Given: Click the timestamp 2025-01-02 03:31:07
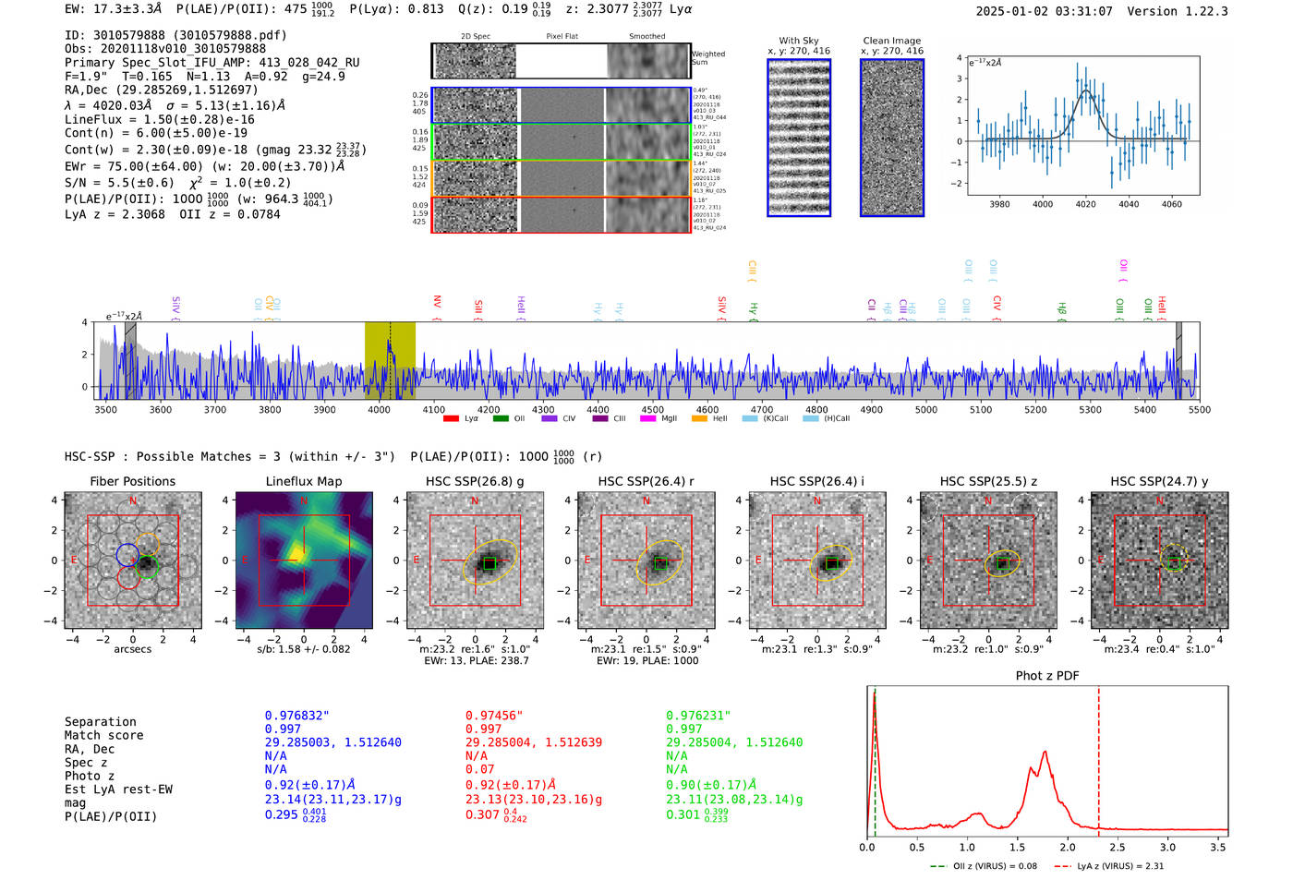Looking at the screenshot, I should [x=1044, y=11].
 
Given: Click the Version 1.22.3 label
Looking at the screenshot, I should [x=1178, y=11].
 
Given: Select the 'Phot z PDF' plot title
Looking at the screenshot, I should [x=1047, y=675].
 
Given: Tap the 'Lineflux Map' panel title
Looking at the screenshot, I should [x=304, y=481].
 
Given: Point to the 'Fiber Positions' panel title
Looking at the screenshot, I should [x=132, y=481].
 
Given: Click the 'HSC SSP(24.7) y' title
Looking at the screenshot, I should [x=1159, y=481].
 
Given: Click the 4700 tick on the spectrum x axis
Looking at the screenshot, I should [x=762, y=409].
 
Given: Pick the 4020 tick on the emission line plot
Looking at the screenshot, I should [x=1085, y=204].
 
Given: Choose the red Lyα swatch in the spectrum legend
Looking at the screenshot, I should [x=452, y=418].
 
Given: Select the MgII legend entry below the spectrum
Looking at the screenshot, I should [x=659, y=418].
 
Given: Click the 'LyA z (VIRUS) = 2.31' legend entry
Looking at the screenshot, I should [x=1109, y=866].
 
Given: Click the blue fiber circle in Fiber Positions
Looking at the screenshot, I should [x=127, y=555].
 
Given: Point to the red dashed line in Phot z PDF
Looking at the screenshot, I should [x=1099, y=757].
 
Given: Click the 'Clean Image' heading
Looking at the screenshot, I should [x=891, y=41].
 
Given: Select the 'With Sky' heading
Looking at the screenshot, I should [x=798, y=41].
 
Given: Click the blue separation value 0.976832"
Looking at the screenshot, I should [x=296, y=716].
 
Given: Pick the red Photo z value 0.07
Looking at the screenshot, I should [x=479, y=769].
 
